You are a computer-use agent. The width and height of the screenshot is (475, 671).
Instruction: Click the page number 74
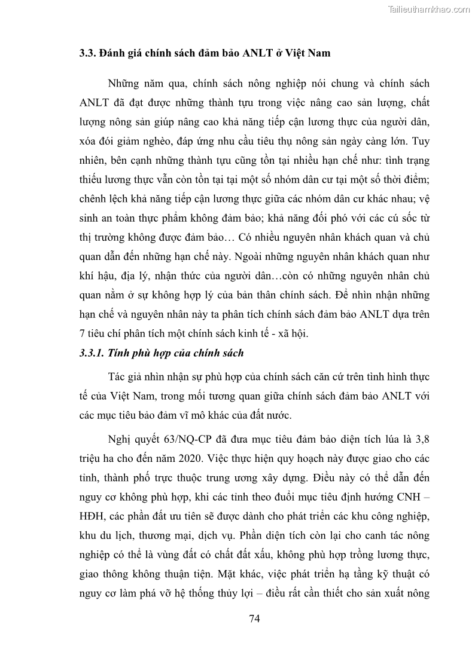click(254, 618)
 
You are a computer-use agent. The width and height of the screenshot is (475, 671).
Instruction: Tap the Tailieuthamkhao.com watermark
click(429, 9)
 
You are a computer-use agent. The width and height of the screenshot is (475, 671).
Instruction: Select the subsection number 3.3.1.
click(92, 353)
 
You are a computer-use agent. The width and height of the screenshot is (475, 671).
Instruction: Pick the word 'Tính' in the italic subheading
click(119, 353)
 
